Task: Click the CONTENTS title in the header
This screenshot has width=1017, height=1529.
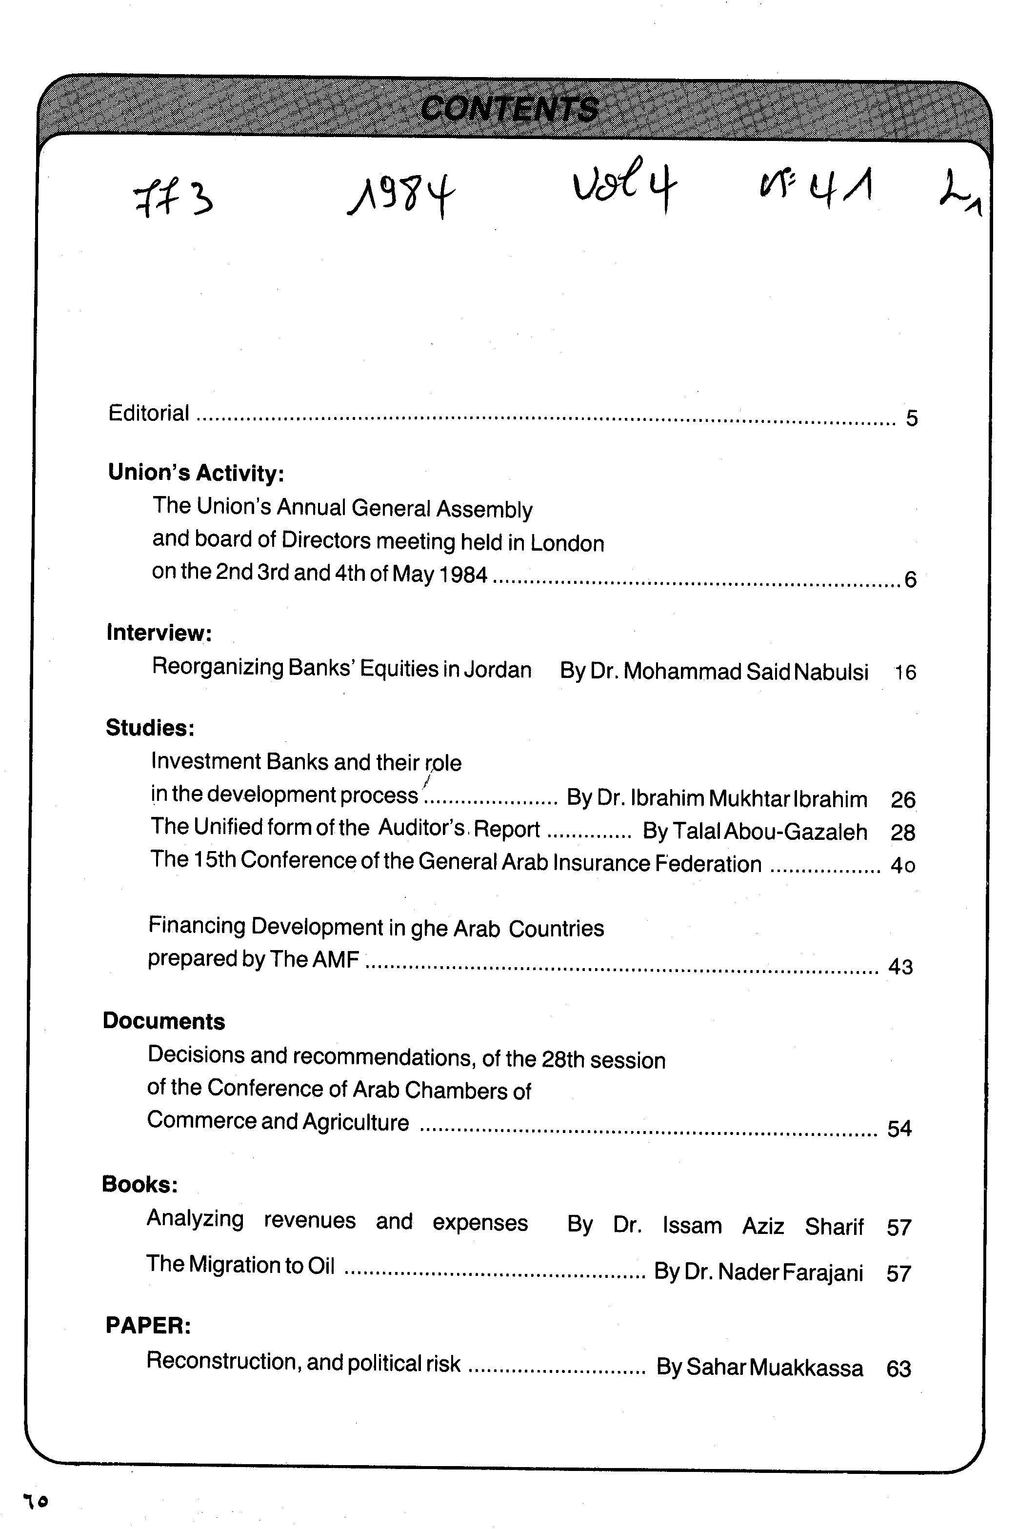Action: (509, 109)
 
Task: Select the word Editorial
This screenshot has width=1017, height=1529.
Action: (149, 413)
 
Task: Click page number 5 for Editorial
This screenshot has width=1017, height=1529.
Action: (911, 419)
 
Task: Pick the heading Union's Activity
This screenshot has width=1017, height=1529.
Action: (196, 473)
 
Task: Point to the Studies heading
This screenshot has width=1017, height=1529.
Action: (150, 728)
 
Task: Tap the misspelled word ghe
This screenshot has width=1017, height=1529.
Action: (429, 929)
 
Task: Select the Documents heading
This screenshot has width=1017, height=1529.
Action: (163, 1021)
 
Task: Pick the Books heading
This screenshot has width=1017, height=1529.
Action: (140, 1185)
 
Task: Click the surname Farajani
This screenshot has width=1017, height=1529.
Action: (822, 1273)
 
